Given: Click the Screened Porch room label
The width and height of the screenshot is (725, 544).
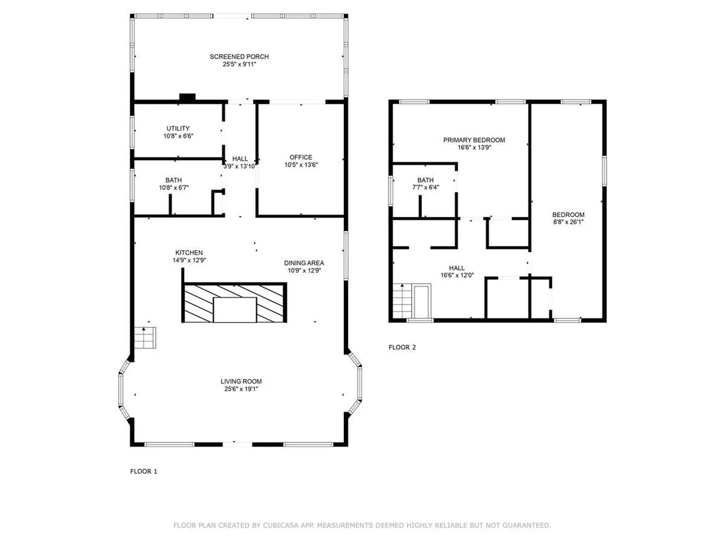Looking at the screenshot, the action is click(239, 57).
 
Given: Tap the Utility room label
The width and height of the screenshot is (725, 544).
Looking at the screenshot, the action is click(178, 128).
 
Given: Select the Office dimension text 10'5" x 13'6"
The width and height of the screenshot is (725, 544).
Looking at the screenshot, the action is click(301, 165).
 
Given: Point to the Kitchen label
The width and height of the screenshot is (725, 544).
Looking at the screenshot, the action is click(189, 252).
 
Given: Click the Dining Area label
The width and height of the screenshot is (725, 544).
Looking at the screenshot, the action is click(304, 263).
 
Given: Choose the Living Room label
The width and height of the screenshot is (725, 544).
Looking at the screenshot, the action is click(241, 382).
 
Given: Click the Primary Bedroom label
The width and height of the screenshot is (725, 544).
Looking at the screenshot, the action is click(474, 140).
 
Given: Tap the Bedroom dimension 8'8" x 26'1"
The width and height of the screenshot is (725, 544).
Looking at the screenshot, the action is click(568, 222).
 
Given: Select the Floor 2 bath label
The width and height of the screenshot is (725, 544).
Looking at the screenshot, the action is click(426, 180).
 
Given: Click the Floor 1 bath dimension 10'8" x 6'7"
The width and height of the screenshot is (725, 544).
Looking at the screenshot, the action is click(174, 188).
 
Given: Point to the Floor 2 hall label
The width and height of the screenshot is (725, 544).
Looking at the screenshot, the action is click(457, 268).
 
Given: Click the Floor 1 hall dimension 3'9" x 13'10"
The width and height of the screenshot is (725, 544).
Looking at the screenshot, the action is click(240, 166).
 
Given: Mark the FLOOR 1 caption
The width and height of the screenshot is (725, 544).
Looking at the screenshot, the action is click(143, 471).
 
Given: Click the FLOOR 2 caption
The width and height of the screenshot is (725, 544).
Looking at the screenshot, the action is click(402, 348).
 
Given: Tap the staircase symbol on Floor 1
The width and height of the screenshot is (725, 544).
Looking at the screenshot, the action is click(145, 338).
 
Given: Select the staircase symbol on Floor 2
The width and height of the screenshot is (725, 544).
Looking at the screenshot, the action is click(403, 301).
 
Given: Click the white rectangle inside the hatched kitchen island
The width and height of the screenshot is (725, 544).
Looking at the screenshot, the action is click(235, 310).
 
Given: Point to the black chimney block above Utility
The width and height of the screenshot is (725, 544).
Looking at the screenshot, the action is click(187, 97).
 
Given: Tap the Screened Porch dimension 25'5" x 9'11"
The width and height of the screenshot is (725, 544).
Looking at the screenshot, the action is click(239, 64).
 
